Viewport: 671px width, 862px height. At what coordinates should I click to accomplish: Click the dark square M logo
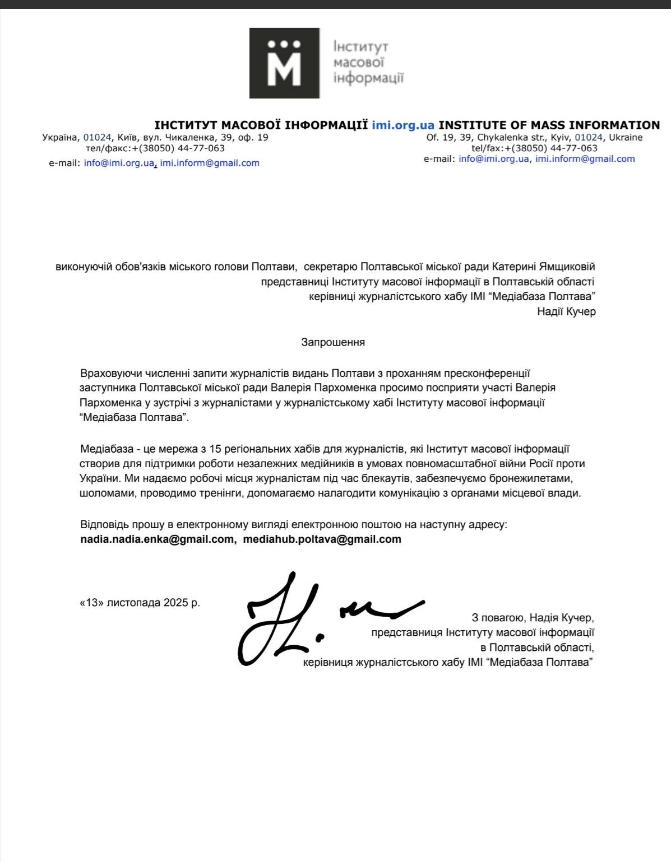coord(284,63)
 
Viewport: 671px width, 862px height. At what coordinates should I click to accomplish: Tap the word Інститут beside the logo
coord(360,46)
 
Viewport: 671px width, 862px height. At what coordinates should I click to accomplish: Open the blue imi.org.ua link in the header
coord(403,125)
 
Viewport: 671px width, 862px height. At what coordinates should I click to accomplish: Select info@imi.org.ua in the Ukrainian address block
coord(119,163)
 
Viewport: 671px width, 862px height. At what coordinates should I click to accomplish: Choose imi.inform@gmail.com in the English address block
coord(585,159)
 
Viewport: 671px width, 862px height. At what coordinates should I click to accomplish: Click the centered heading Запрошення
coord(333,342)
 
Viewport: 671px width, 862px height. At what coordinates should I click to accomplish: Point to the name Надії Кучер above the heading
coord(566,311)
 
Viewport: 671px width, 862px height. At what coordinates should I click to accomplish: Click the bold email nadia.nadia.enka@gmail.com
coord(157,539)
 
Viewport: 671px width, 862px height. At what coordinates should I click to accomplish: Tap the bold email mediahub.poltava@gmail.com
coord(322,539)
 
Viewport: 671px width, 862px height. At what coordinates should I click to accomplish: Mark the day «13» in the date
coord(91,603)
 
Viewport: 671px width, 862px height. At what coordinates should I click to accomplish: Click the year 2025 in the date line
coord(176,603)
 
